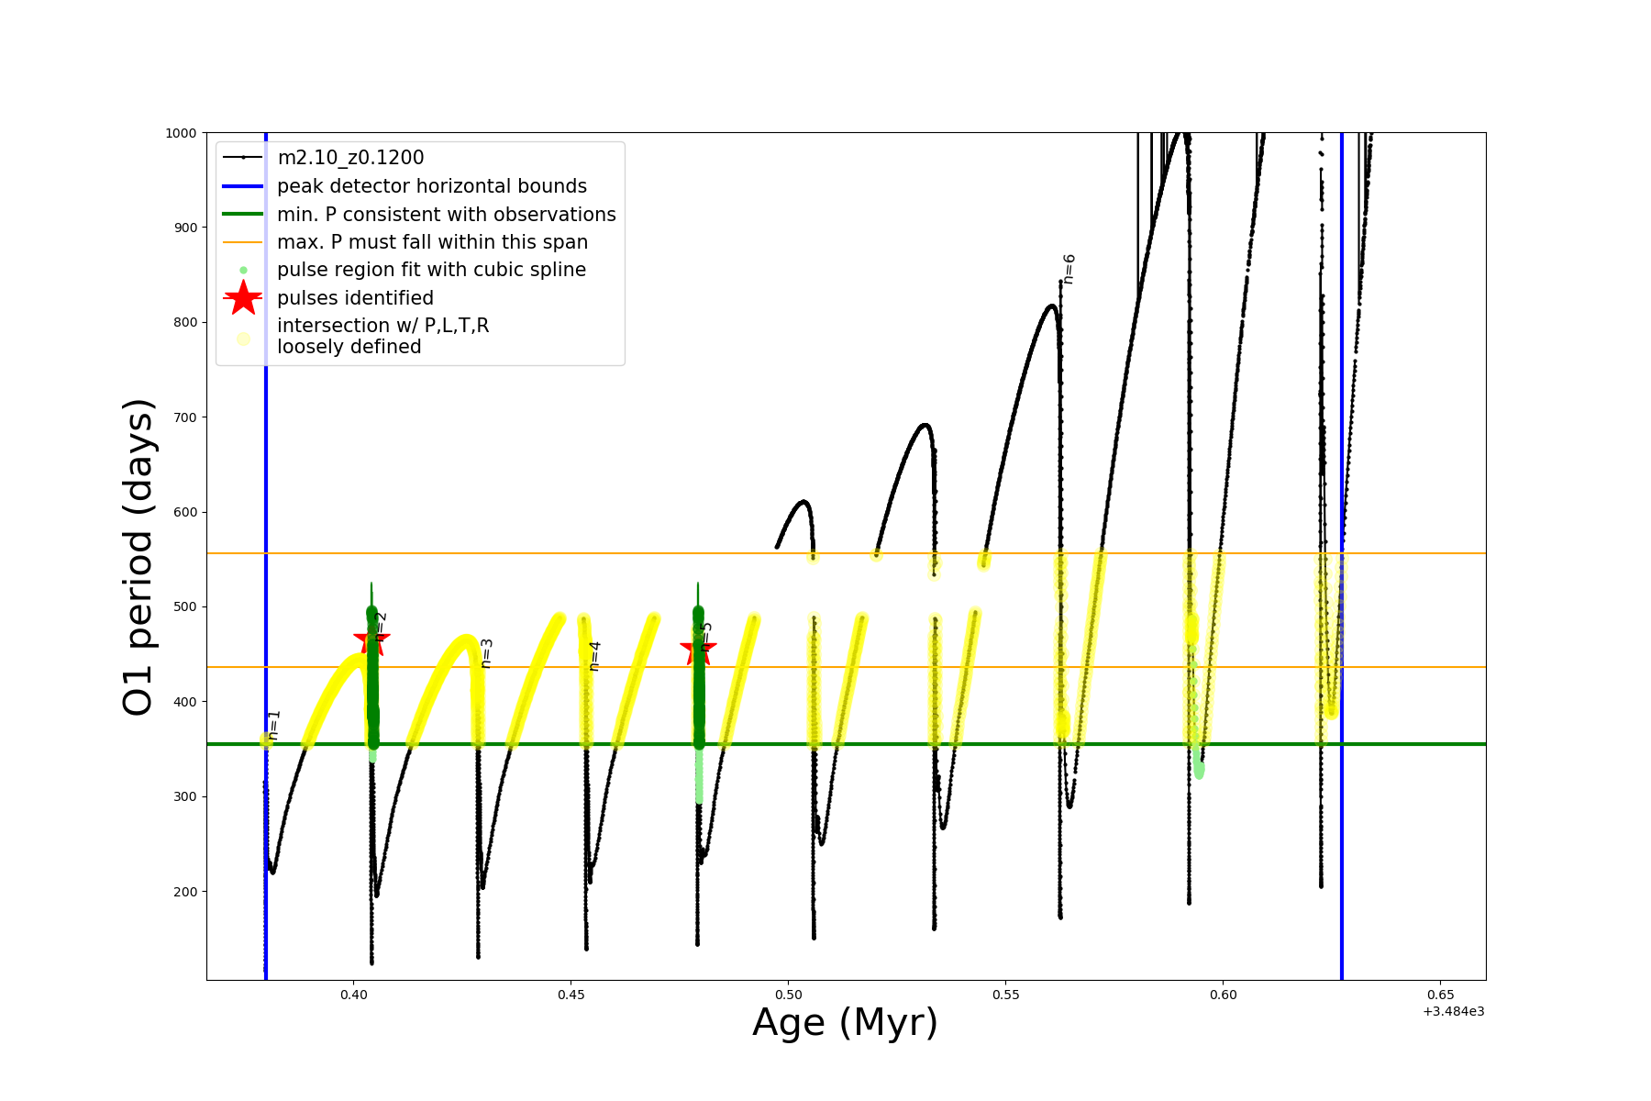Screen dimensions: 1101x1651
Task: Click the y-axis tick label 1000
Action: (181, 133)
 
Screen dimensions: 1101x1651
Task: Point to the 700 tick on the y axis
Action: (185, 417)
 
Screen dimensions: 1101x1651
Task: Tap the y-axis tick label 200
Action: (185, 892)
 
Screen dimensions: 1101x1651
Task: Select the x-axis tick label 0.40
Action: (353, 995)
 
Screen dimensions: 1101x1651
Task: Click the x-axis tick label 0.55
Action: (1005, 995)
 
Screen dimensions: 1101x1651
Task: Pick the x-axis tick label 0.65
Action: (1440, 995)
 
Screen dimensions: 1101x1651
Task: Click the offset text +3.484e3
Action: (1453, 1011)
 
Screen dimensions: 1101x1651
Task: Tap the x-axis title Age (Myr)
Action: (845, 1023)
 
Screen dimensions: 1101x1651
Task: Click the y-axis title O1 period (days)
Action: (139, 557)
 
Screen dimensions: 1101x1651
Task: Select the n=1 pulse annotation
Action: (273, 725)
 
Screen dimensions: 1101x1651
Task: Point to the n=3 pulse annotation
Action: (487, 653)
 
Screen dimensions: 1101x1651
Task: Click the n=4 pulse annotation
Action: (595, 656)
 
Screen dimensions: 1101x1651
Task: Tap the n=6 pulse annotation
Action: (1069, 269)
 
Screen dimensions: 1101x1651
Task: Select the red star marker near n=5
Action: (698, 650)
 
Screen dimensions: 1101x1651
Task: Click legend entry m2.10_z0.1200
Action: (350, 158)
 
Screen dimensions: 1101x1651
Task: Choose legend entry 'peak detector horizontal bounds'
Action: (431, 186)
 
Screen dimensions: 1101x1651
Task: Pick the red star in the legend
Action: (243, 298)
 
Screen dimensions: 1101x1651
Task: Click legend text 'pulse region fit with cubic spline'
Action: (431, 270)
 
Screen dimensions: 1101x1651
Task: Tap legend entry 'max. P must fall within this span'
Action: (432, 242)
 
